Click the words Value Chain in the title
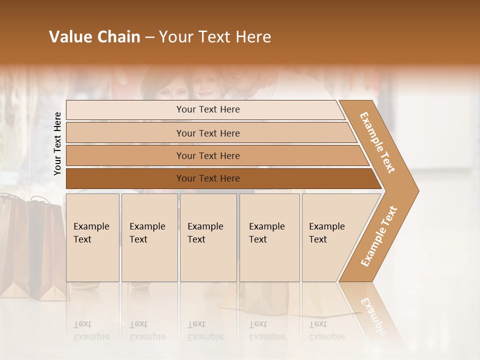[94, 37]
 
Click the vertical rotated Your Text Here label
[57, 143]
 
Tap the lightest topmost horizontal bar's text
[208, 109]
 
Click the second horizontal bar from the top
[208, 133]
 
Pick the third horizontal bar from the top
[208, 156]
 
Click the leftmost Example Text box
[92, 237]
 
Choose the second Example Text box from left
[149, 237]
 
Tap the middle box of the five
[208, 237]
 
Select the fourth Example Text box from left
[269, 237]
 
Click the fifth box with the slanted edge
[330, 237]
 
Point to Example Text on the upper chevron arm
[377, 142]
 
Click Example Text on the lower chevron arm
[378, 236]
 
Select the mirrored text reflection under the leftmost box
[91, 330]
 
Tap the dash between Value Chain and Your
[149, 37]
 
